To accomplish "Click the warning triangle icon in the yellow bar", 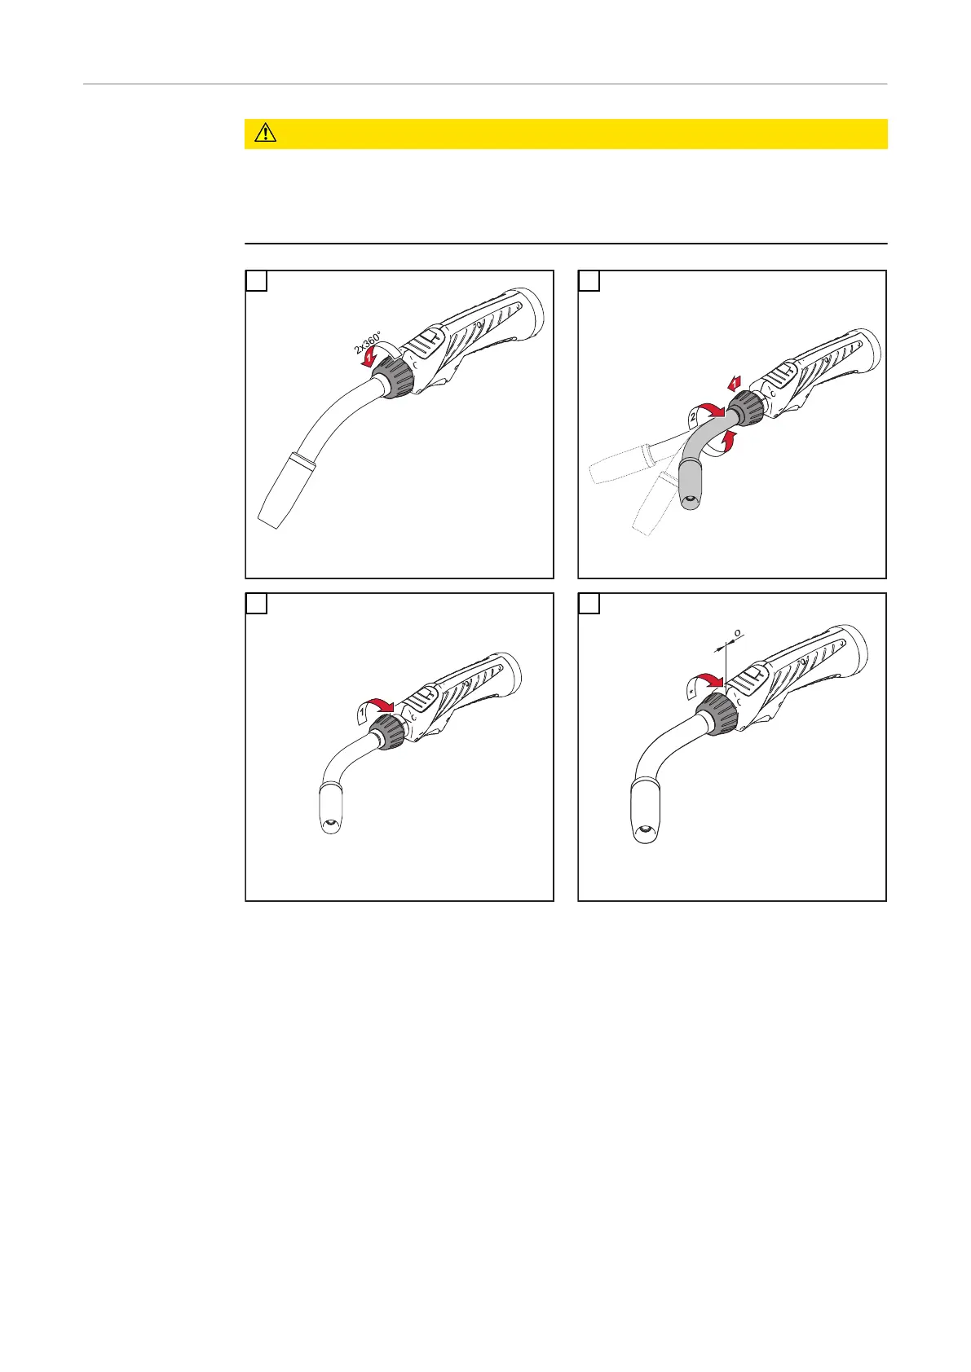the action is pos(266,133).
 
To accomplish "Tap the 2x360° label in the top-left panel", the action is pos(367,342).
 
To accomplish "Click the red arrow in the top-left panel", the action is pos(369,358).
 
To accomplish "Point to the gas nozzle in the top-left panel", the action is pos(287,490).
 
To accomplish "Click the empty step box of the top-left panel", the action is pos(256,280).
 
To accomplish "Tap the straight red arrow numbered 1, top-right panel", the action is pos(735,383).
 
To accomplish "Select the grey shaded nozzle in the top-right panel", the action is pos(693,484).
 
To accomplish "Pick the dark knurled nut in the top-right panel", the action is pos(746,408).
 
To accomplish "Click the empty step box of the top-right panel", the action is pos(589,280).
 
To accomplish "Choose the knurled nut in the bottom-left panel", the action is pos(388,732).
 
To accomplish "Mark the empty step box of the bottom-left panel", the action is pos(256,604).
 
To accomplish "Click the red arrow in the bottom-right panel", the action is pos(711,679).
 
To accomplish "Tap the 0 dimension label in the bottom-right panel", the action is pos(738,633).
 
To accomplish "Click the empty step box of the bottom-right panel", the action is pos(589,604).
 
